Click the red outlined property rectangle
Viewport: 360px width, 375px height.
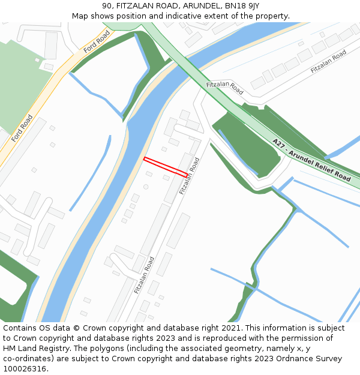(x=166, y=166)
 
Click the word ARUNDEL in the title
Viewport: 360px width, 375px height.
(x=201, y=5)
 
